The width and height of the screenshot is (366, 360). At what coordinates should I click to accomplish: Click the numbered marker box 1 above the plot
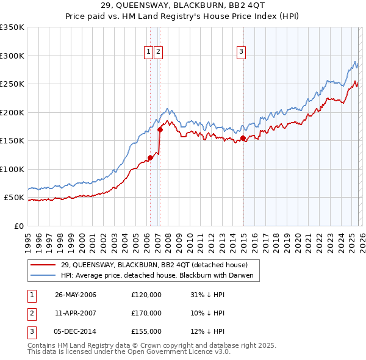pos(148,52)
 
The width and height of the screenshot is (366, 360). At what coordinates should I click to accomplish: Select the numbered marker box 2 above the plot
pos(158,52)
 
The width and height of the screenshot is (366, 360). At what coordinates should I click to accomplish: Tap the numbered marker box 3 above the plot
pos(242,52)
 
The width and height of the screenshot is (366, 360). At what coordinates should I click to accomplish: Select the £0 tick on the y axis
pos(18,226)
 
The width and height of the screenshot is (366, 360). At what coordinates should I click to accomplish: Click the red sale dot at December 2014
pos(243,138)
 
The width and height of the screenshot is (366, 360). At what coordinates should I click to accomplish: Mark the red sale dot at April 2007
pos(160,129)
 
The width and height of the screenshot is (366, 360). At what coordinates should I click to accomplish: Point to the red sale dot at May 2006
pos(150,158)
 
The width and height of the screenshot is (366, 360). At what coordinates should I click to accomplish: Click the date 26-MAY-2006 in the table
pos(76,295)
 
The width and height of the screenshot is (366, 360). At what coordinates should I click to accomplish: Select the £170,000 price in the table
pos(146,313)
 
